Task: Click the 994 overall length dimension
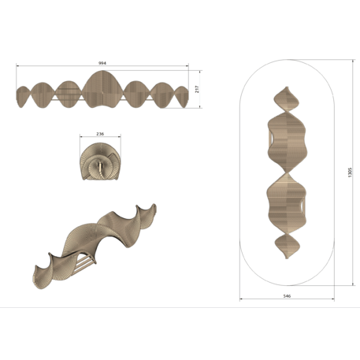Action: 102,61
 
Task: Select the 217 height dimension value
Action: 197,89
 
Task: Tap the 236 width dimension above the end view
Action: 99,134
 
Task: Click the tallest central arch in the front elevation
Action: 103,88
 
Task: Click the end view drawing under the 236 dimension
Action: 99,161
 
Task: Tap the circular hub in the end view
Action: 99,165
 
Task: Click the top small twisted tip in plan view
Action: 287,101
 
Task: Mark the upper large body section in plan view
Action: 287,142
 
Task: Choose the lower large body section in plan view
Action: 287,203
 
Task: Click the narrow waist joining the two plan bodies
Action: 287,173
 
